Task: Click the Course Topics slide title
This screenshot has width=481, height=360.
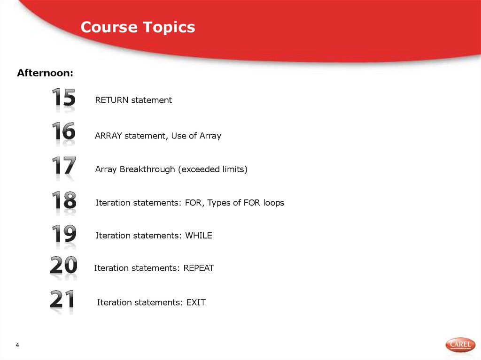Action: pos(138,27)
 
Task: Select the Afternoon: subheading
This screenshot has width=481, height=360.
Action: pos(45,73)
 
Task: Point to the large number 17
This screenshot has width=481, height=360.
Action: pos(63,167)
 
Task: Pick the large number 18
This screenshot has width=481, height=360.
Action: pos(63,201)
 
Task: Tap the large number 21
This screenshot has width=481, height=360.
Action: pos(62,300)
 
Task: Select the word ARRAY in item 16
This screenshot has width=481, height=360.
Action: pos(109,136)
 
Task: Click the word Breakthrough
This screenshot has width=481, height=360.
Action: pos(147,169)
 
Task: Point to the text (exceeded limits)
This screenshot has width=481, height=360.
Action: pos(212,169)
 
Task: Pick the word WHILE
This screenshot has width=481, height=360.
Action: pos(199,236)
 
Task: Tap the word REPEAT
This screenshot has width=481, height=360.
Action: pos(198,268)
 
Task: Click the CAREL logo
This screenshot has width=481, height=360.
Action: pos(460,345)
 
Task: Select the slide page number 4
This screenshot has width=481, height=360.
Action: pos(17,346)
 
